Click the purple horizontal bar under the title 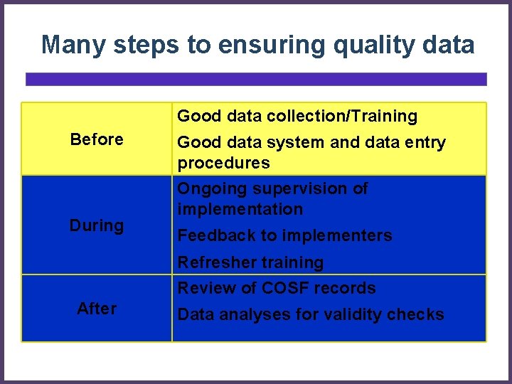pos(256,79)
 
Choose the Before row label pos(97,139)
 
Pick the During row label pos(97,226)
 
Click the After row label pos(97,309)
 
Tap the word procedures pos(223,163)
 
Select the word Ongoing pos(212,189)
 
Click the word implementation pos(240,209)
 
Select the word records pos(348,288)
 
